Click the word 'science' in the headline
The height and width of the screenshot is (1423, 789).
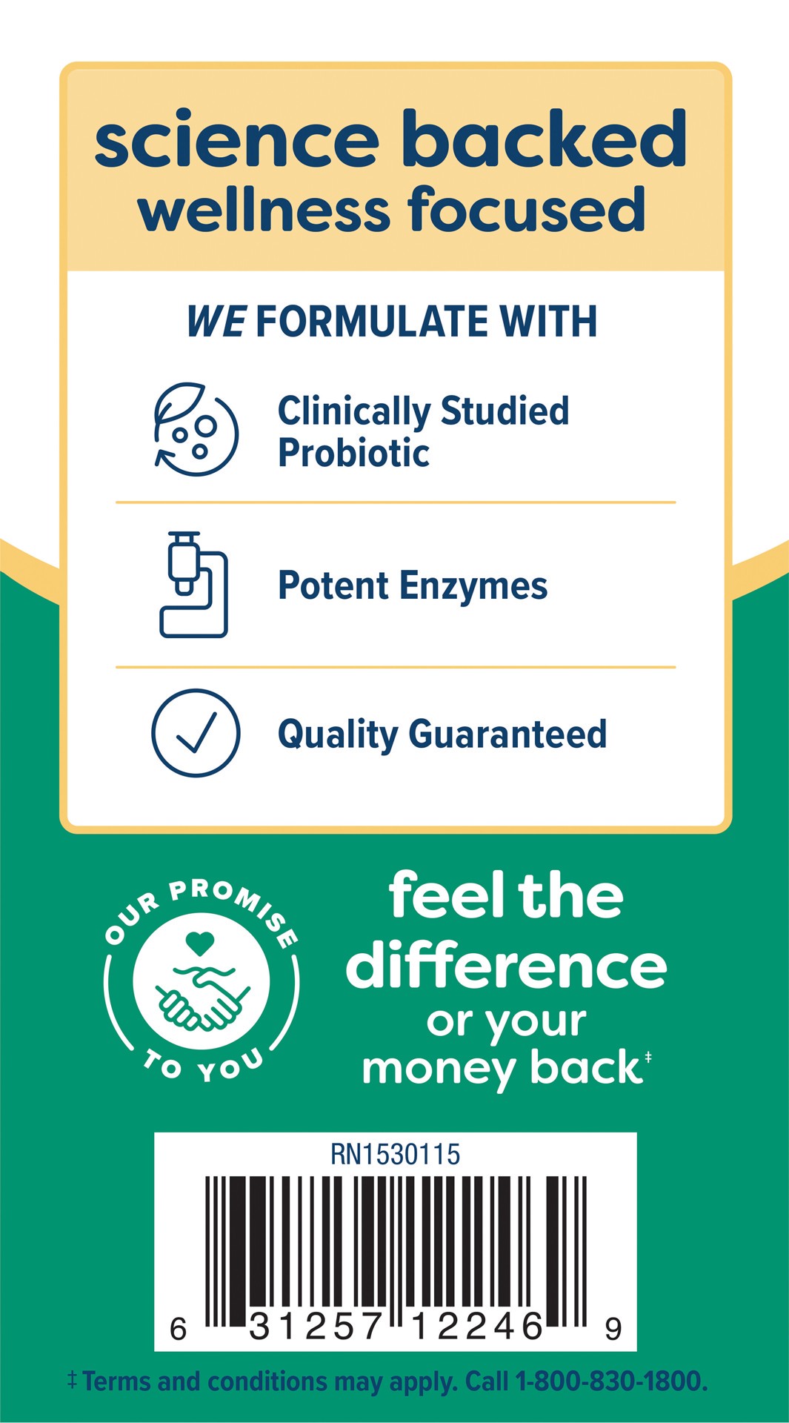(236, 141)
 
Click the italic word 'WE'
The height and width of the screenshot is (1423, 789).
(216, 322)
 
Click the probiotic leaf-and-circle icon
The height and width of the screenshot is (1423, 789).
(196, 429)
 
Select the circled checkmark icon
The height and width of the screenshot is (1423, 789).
(196, 733)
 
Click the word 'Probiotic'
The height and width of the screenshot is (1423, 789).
(353, 454)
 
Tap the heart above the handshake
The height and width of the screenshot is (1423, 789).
(199, 943)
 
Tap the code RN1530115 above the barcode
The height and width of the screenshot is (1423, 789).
(395, 1155)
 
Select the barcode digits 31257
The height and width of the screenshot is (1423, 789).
(316, 1327)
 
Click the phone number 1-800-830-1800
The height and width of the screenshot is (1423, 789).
(610, 1381)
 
